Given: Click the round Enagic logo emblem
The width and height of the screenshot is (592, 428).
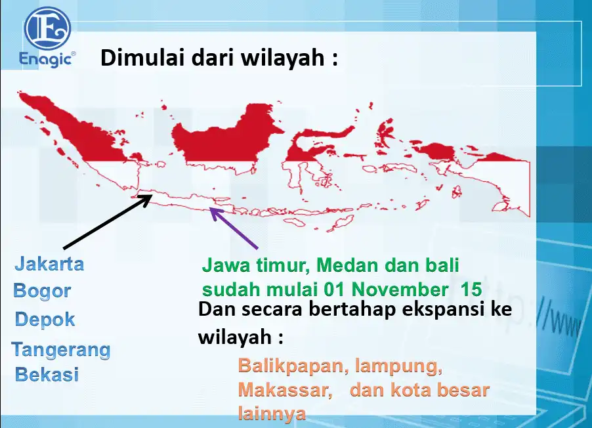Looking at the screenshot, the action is pyautogui.click(x=47, y=28).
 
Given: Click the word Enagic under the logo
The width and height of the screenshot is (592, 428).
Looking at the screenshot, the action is pyautogui.click(x=46, y=59).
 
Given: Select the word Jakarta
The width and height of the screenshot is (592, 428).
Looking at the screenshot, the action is pyautogui.click(x=49, y=263).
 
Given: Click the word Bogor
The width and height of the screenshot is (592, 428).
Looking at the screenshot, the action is pyautogui.click(x=42, y=291).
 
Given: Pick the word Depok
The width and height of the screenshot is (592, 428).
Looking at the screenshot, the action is pyautogui.click(x=45, y=319).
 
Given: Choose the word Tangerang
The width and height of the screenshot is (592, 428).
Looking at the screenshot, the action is pyautogui.click(x=61, y=350).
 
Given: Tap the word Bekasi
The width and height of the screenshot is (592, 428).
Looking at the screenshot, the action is pyautogui.click(x=47, y=374).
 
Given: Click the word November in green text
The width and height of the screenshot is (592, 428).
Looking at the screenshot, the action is pyautogui.click(x=400, y=289).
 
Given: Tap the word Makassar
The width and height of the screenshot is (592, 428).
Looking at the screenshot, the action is pyautogui.click(x=285, y=390).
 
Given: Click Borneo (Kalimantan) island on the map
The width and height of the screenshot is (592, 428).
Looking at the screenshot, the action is pyautogui.click(x=226, y=140).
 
